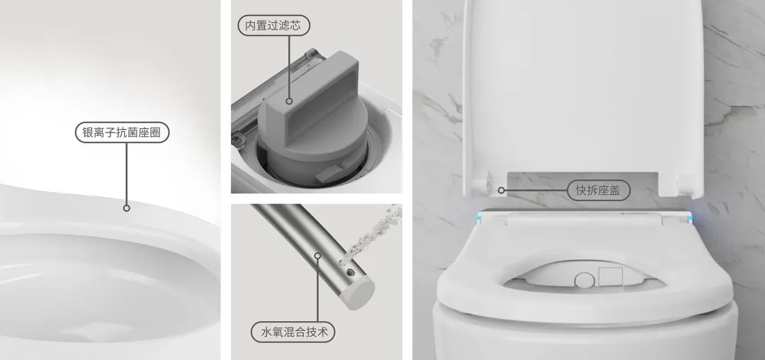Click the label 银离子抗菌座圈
click(x=122, y=133)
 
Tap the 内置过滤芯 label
click(x=273, y=26)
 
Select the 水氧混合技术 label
click(x=293, y=332)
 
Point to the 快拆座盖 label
click(x=599, y=190)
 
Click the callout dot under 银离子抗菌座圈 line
click(x=126, y=208)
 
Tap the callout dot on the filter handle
click(x=289, y=101)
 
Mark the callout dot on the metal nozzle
click(x=317, y=256)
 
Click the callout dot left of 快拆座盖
click(x=501, y=190)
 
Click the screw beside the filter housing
click(x=239, y=140)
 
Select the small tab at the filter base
click(x=329, y=173)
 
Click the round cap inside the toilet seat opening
click(x=584, y=280)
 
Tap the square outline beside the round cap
click(x=611, y=276)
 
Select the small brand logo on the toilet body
click(x=633, y=213)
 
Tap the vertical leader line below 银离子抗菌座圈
click(x=126, y=174)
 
